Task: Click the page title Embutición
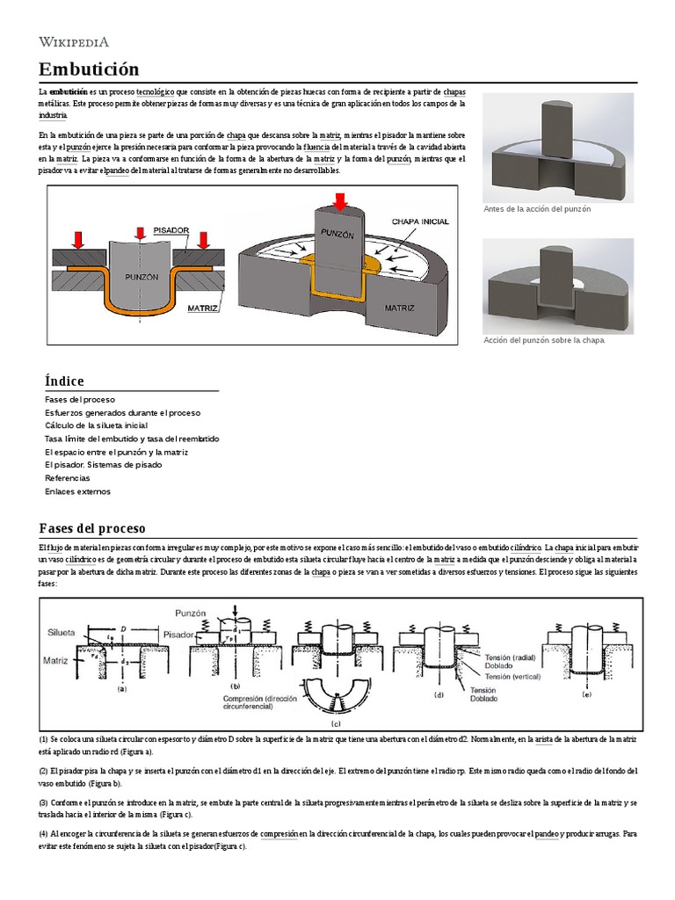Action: [x=89, y=69]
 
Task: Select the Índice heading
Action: [x=64, y=381]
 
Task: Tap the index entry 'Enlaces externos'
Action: [x=77, y=491]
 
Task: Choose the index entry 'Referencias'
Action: [x=67, y=478]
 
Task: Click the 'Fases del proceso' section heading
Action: [x=91, y=527]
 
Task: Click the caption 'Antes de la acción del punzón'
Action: [x=537, y=209]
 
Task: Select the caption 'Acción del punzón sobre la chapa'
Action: [x=544, y=340]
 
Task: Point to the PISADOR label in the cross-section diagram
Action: [x=171, y=229]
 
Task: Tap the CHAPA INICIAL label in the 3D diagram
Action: [x=421, y=221]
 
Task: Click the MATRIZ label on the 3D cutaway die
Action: [x=399, y=308]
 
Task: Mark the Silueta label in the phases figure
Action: [x=62, y=631]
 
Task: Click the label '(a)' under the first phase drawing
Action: [x=122, y=690]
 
